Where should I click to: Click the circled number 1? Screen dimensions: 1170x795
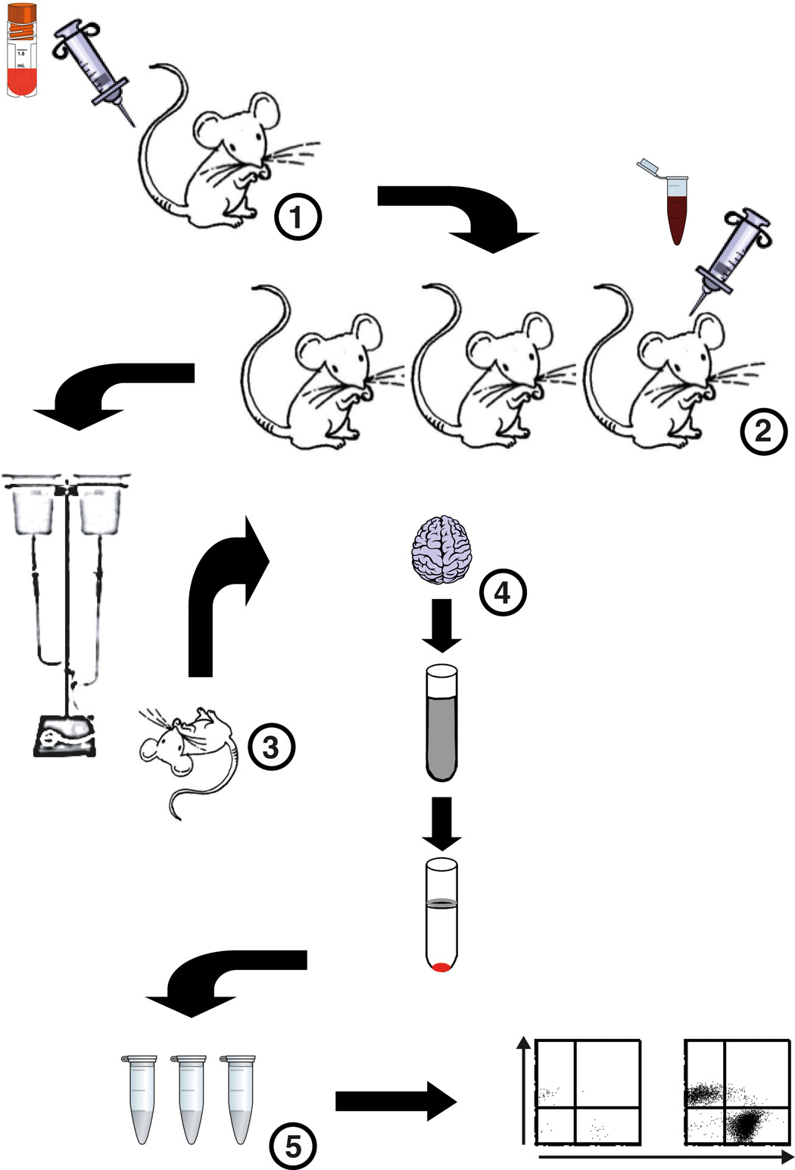point(298,217)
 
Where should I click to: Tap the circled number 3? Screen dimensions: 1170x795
point(270,747)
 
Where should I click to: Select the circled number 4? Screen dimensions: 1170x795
point(502,591)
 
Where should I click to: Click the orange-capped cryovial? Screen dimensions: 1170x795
point(21,49)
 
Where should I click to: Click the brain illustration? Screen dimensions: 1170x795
point(441,549)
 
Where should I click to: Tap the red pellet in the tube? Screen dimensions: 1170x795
point(441,966)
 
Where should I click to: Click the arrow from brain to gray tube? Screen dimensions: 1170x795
point(441,625)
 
